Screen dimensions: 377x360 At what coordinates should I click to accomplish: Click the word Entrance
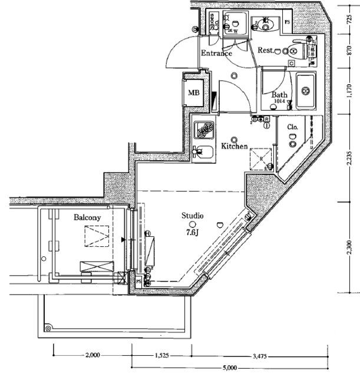tap(216, 53)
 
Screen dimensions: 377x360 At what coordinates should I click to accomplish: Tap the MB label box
tap(193, 93)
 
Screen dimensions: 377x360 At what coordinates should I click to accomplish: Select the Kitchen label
tap(234, 146)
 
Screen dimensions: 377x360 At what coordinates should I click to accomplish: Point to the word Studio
tap(192, 215)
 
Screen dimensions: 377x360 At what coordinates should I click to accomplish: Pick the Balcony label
tap(87, 217)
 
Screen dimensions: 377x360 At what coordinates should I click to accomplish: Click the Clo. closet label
tap(292, 127)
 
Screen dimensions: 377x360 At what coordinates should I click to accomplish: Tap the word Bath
tap(279, 95)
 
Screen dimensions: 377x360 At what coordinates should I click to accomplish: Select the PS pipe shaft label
tap(288, 22)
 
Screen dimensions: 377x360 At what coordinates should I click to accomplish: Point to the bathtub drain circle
tap(306, 91)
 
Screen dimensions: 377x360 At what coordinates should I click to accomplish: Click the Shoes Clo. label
tap(215, 22)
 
